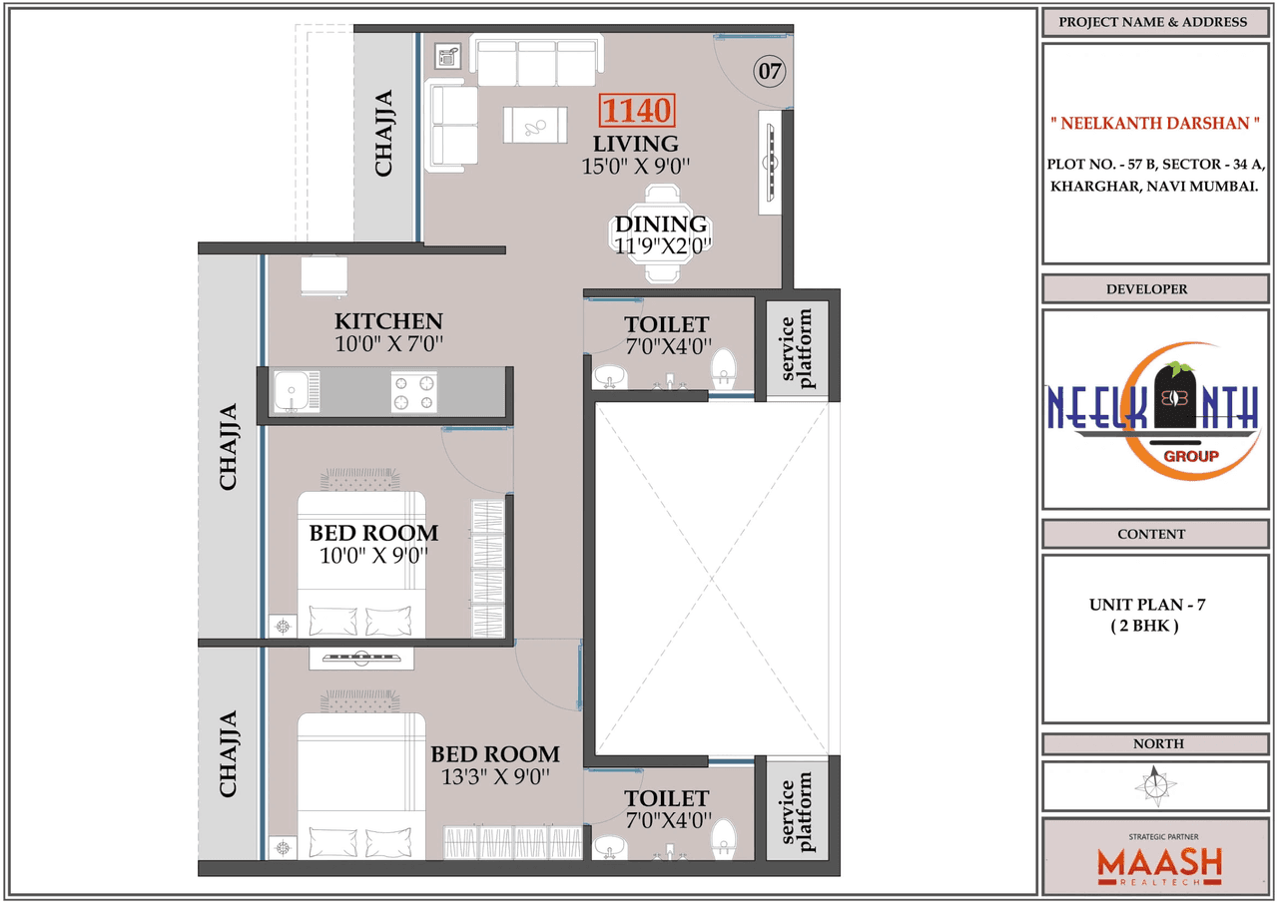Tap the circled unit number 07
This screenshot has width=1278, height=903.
770,71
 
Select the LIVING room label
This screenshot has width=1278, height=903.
636,144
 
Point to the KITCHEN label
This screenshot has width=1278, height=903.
388,321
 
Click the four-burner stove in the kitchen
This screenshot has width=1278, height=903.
414,392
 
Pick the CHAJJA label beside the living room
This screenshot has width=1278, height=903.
383,134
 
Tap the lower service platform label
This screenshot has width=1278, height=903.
797,811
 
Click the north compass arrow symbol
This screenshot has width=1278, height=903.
1156,786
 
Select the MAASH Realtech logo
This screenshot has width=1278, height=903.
1159,862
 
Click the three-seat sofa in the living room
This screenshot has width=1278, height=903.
536,63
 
